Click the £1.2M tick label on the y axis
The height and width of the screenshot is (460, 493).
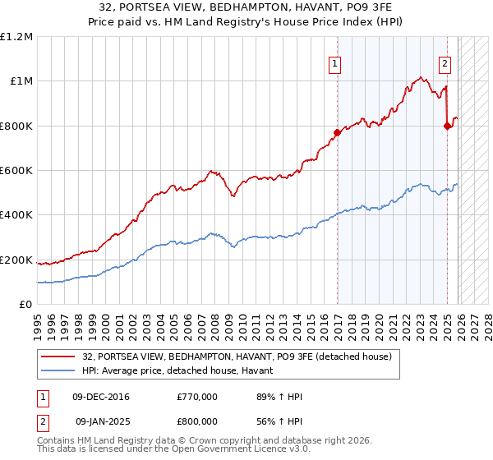[16, 37]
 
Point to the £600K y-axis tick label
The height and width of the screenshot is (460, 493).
[16, 171]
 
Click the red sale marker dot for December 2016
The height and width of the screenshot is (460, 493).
[337, 132]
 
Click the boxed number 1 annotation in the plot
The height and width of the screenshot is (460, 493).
[335, 64]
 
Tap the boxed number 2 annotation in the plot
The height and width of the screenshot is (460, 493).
[445, 64]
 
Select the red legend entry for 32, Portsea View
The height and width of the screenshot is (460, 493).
[237, 356]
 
